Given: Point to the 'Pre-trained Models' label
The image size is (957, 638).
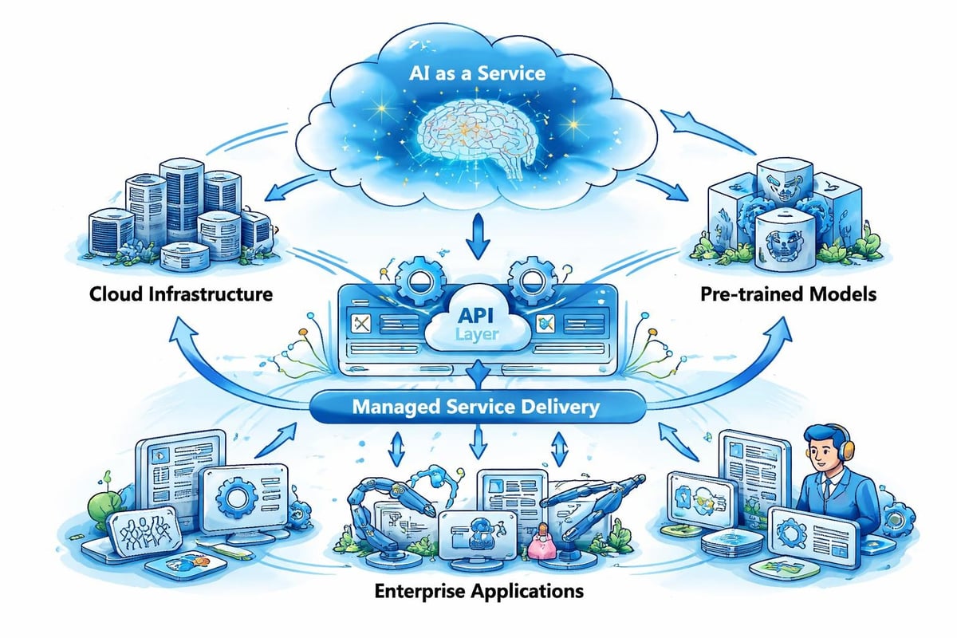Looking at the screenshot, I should (788, 294).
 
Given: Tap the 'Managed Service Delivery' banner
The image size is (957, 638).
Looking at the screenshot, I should (476, 408).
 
